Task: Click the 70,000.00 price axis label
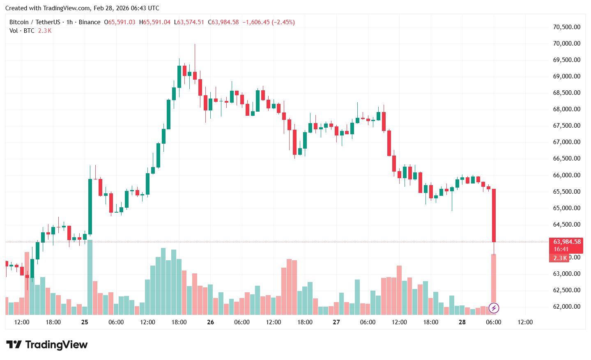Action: click(566, 44)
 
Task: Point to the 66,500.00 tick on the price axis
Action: click(566, 158)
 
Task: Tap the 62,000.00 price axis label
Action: click(566, 307)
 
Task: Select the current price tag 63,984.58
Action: click(567, 242)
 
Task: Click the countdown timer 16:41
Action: click(561, 249)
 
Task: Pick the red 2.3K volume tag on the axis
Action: click(560, 258)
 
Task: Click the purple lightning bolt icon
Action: click(494, 308)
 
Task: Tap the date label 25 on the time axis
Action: click(85, 322)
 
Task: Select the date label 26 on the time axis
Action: click(211, 322)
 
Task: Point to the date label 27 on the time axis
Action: click(336, 322)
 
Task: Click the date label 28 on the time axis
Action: click(462, 322)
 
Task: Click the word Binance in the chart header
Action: click(90, 22)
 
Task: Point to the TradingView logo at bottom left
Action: click(47, 344)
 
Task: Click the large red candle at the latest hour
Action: click(494, 216)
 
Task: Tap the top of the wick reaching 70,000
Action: click(195, 45)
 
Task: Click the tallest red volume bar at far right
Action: click(494, 279)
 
